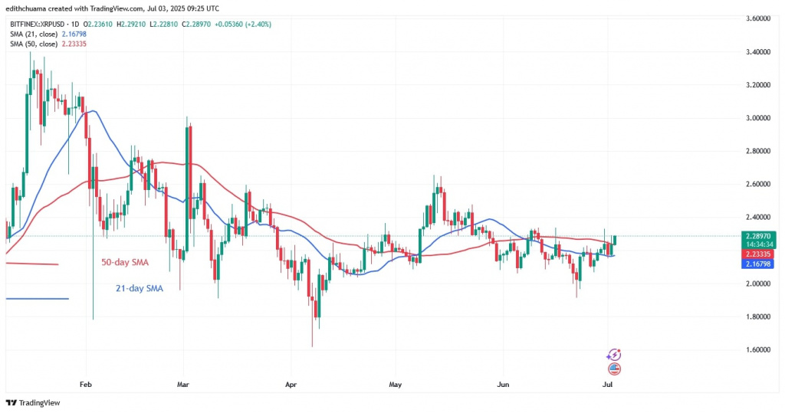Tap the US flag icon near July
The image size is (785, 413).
[613, 369]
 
